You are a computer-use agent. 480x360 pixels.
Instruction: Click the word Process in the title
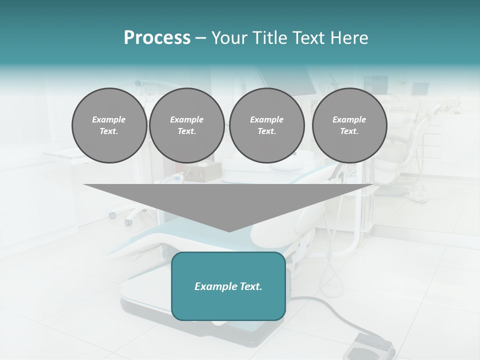click(x=157, y=38)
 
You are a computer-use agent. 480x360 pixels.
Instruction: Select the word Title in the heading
click(x=270, y=38)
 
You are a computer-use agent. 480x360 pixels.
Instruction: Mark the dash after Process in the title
click(x=201, y=38)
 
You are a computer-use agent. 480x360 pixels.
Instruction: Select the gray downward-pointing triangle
click(x=228, y=202)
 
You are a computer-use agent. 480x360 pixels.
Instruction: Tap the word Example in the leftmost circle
click(x=109, y=119)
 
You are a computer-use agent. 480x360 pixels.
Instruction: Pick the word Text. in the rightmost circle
click(x=349, y=131)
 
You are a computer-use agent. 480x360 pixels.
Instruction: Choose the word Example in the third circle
click(x=266, y=119)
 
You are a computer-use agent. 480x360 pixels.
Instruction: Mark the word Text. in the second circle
click(x=186, y=131)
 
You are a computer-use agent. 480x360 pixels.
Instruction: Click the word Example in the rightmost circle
click(x=349, y=119)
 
